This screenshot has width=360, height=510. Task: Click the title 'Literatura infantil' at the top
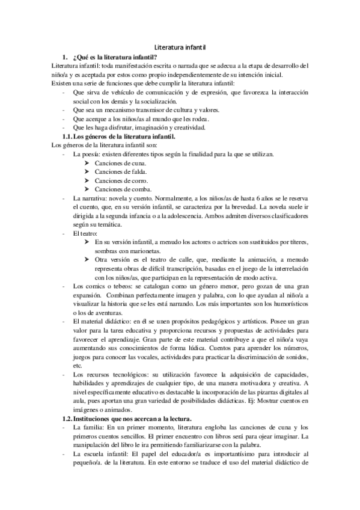pos(180,46)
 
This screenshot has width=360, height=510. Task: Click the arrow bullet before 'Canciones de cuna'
pos(88,162)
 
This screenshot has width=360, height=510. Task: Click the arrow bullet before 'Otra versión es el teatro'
pos(88,259)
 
